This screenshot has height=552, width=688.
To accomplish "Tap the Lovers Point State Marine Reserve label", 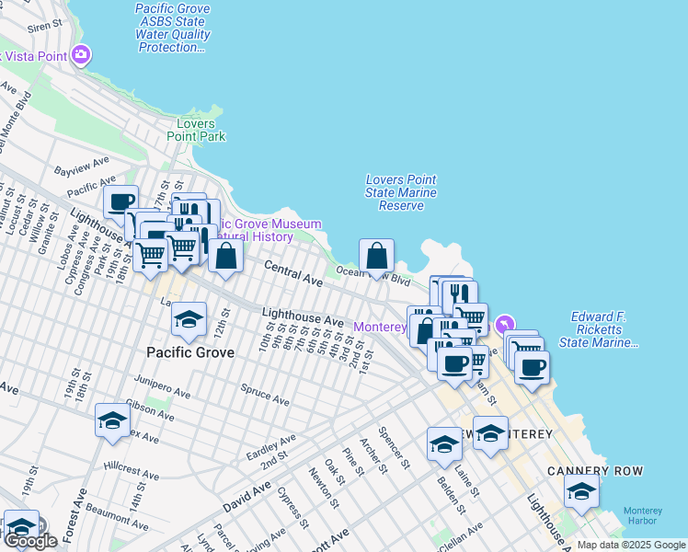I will point(400,192).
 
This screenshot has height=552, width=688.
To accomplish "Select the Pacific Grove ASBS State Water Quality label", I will point(173,28).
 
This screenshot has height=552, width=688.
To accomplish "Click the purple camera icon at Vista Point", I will point(81,55).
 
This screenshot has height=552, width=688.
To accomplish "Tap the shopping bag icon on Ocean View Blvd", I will point(377,257).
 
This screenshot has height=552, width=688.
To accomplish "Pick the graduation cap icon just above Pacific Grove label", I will point(189,319).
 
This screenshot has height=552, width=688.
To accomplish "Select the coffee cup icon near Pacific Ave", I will point(120,201).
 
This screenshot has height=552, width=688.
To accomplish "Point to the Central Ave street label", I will point(293,273).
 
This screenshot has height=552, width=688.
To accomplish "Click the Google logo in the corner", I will point(29,541).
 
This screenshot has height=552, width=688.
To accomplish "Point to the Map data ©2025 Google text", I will point(631,546).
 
